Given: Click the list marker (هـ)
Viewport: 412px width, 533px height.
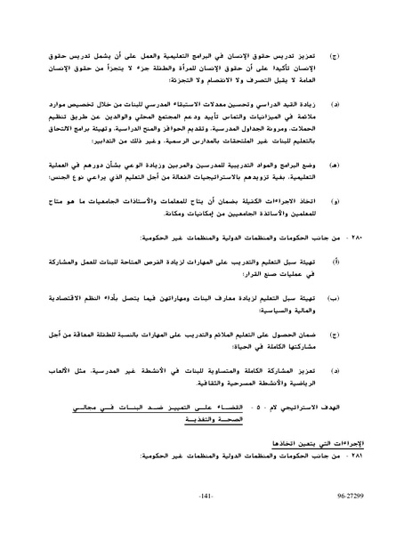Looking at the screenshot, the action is coord(334,165).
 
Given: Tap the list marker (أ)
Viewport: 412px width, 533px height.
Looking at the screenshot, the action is coord(334,264).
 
